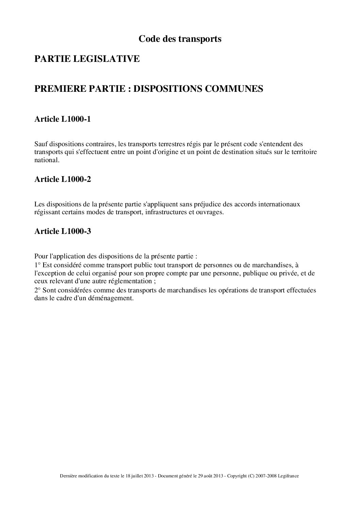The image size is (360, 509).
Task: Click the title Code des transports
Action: click(180, 39)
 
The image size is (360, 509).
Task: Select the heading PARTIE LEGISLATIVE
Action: click(87, 59)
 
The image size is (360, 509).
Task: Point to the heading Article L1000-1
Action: click(63, 119)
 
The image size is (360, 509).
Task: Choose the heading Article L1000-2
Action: click(63, 180)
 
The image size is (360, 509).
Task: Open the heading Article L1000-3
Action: click(63, 232)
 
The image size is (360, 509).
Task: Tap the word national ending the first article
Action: click(46, 160)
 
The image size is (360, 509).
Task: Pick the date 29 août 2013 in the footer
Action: click(211, 477)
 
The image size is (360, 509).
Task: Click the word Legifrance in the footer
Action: click(288, 477)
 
